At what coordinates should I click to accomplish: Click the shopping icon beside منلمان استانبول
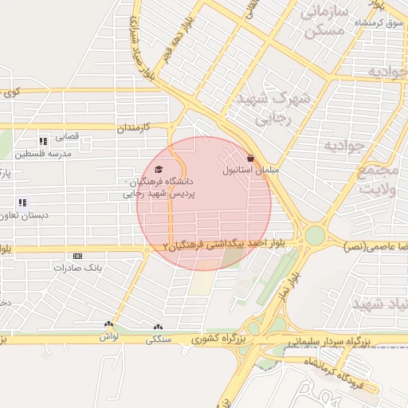pos(251,158)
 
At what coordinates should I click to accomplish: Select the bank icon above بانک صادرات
pos(77,256)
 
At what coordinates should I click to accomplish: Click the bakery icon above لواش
pos(108,324)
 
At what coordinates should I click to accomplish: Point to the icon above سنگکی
pos(157,326)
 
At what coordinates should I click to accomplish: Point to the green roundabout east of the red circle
pos(315,236)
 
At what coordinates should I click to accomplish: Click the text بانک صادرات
pos(79,268)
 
